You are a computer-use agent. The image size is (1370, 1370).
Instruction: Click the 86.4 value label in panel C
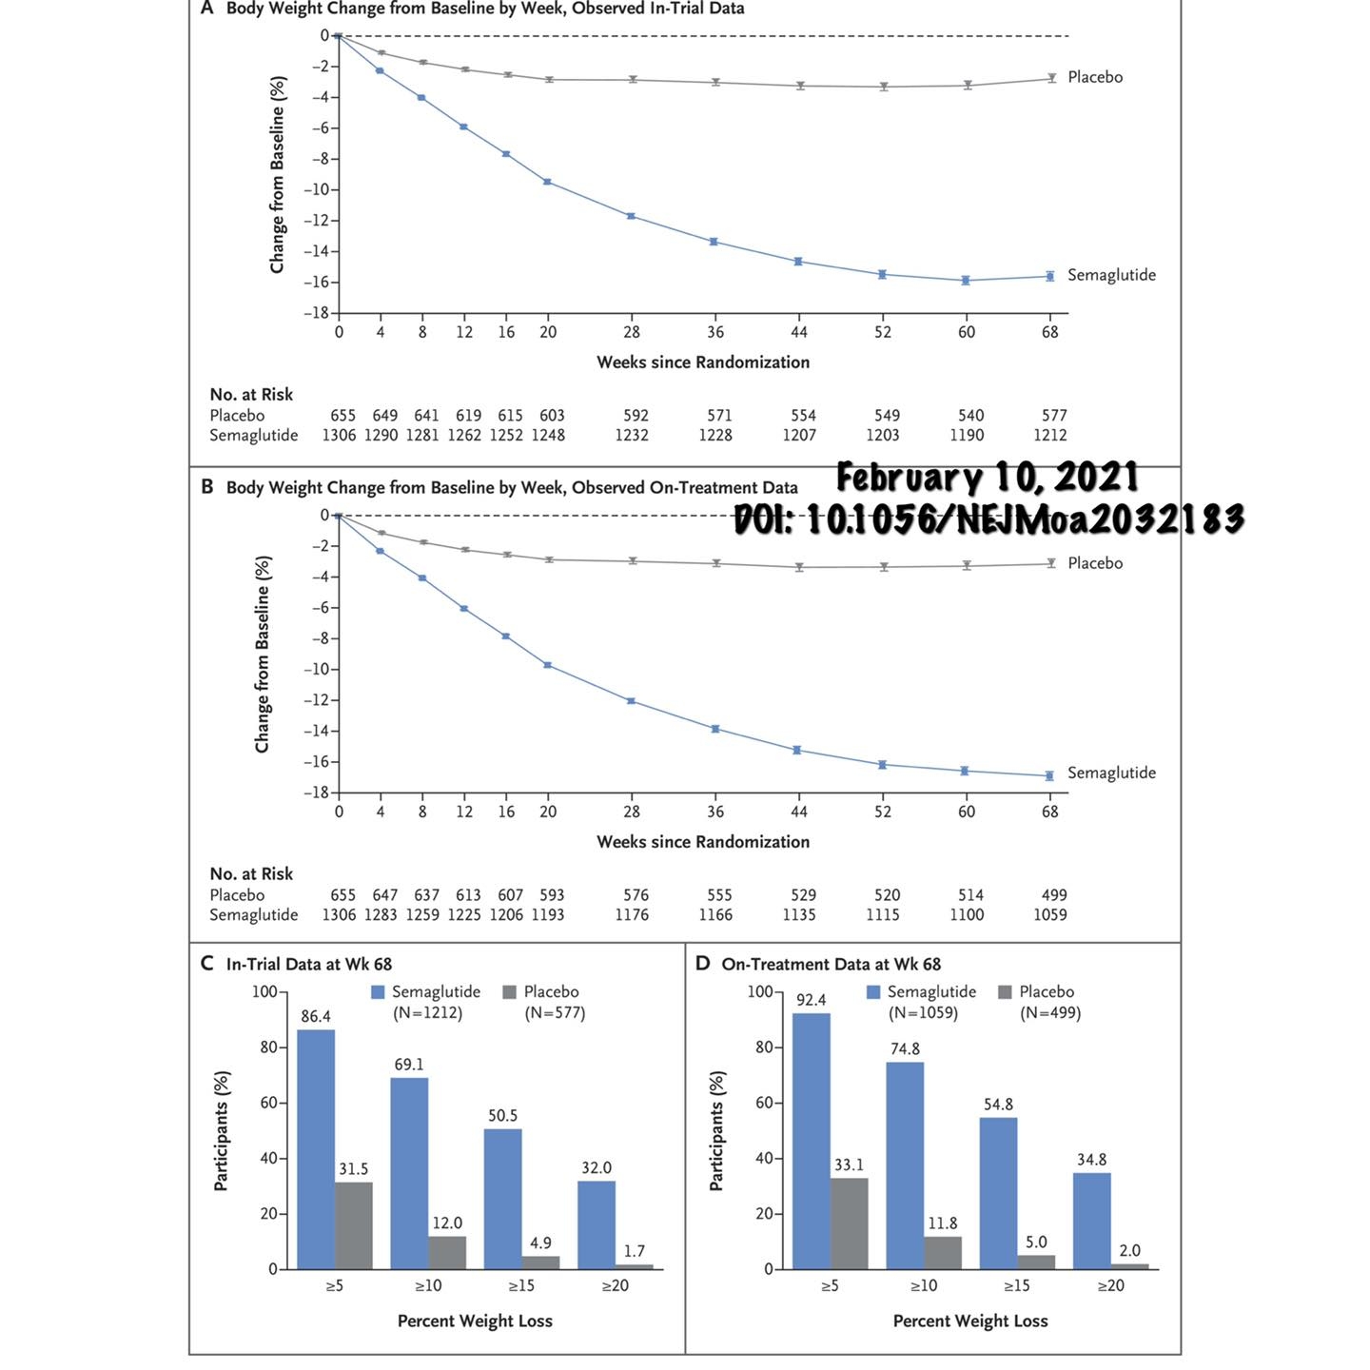(x=316, y=1016)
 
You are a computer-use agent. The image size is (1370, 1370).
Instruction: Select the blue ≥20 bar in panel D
(x=1091, y=1221)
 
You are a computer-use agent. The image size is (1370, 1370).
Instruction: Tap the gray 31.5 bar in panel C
(x=354, y=1225)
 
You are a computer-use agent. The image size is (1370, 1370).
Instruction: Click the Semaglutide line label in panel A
(x=1111, y=275)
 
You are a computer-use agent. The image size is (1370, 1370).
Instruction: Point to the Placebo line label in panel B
(x=1095, y=563)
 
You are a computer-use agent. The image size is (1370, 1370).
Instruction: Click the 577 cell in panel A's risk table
(x=1054, y=416)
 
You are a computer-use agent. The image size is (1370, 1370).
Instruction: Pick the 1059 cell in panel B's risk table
(x=1050, y=914)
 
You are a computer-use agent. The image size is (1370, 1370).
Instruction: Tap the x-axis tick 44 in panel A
(x=799, y=332)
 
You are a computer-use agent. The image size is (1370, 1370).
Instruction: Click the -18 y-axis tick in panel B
(x=316, y=793)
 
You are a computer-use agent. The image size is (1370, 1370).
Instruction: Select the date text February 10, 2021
(x=987, y=477)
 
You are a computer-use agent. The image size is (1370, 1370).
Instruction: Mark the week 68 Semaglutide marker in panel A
(x=1050, y=276)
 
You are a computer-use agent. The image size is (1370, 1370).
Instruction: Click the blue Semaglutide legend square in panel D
(x=873, y=992)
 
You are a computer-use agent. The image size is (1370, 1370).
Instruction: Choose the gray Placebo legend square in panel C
(x=509, y=992)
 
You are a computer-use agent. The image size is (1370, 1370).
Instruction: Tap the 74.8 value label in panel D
(x=905, y=1048)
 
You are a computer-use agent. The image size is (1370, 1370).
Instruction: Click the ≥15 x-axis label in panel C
(x=521, y=1285)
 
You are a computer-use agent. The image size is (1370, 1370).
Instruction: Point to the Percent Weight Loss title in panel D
(x=969, y=1321)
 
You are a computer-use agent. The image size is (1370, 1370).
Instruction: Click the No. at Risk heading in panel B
(x=251, y=873)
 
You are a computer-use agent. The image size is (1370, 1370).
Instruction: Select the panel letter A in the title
(x=206, y=9)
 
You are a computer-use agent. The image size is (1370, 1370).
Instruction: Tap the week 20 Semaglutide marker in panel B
(x=548, y=665)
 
